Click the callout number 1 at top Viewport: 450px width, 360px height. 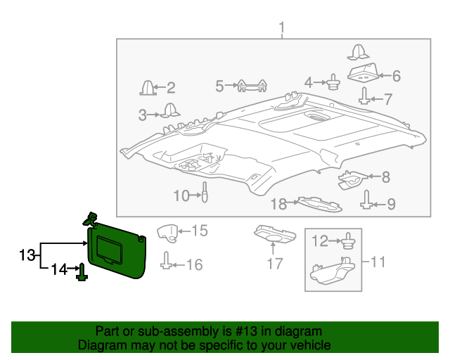click(x=281, y=28)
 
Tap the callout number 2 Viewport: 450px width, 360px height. click(x=170, y=88)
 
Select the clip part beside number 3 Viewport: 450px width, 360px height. click(x=168, y=110)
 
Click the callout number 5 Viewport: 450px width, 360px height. click(x=220, y=86)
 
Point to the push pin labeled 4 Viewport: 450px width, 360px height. click(x=333, y=84)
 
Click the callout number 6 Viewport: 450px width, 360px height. click(x=396, y=75)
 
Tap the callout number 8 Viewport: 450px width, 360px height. click(x=385, y=178)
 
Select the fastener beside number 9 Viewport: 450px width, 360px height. click(x=367, y=202)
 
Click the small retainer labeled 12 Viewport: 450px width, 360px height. click(x=347, y=243)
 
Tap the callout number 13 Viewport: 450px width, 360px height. click(x=27, y=255)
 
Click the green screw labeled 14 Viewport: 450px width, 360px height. click(x=82, y=271)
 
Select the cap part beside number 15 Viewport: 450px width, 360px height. click(x=166, y=231)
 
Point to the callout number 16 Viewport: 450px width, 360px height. click(x=193, y=264)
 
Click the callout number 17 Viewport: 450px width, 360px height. click(x=274, y=264)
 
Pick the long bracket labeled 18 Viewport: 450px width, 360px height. click(x=319, y=205)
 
